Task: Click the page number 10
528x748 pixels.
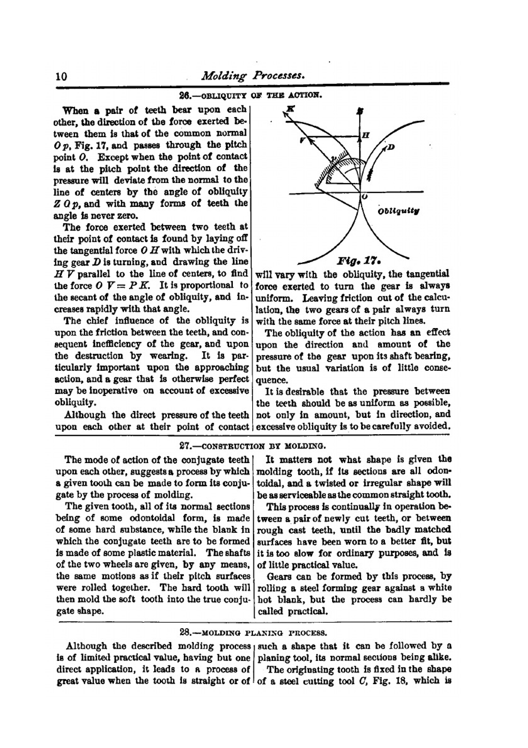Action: tap(61, 76)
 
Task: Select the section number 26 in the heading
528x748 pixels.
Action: tap(184, 95)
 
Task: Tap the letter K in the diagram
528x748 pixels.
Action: tap(289, 109)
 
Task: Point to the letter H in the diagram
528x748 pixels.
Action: tap(364, 136)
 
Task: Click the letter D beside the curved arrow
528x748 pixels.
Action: tap(391, 146)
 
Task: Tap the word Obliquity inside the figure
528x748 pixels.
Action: tap(399, 212)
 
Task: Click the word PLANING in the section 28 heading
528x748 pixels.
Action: tap(278, 631)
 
